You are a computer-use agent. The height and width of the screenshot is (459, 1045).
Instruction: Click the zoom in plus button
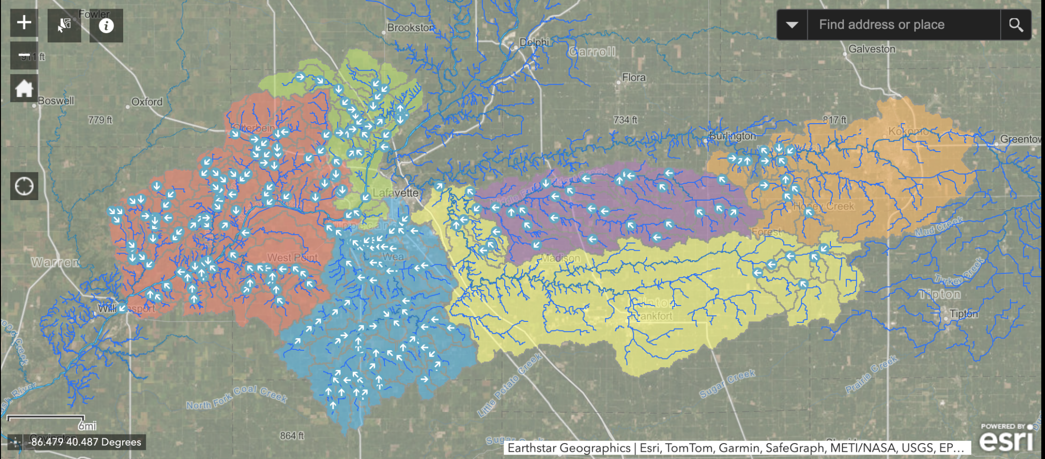24,23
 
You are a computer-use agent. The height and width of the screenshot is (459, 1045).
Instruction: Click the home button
24,89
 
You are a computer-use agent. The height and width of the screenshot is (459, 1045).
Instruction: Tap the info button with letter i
106,25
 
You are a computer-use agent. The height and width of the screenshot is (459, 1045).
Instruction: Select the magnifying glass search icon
1016,25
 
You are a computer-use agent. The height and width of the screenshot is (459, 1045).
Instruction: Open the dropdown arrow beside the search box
792,25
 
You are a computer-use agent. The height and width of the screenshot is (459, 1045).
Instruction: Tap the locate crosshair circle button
24,186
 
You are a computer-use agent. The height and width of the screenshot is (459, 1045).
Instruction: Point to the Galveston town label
871,49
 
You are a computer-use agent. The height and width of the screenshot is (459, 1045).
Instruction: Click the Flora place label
634,77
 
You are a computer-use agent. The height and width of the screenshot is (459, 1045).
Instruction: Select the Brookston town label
410,28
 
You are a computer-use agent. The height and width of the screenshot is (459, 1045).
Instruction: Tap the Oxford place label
147,102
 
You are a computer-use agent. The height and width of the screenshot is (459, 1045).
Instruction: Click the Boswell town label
56,101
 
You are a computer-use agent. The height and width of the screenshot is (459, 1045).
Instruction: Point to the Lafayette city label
395,193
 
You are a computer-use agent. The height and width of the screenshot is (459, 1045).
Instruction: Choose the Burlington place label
732,136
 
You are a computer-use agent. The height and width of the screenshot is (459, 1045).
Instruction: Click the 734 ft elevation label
625,120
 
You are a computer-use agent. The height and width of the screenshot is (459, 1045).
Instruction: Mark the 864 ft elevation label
292,436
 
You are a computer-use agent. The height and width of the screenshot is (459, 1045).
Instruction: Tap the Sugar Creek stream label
727,383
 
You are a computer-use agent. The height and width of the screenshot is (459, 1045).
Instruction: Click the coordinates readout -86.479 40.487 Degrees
84,442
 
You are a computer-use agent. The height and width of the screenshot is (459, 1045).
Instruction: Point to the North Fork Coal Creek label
237,397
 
